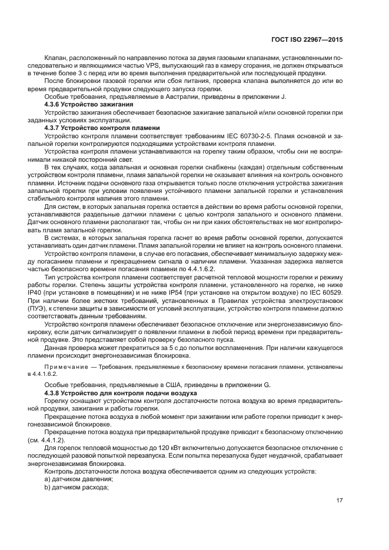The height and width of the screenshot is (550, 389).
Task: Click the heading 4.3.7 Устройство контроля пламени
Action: tap(96, 127)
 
